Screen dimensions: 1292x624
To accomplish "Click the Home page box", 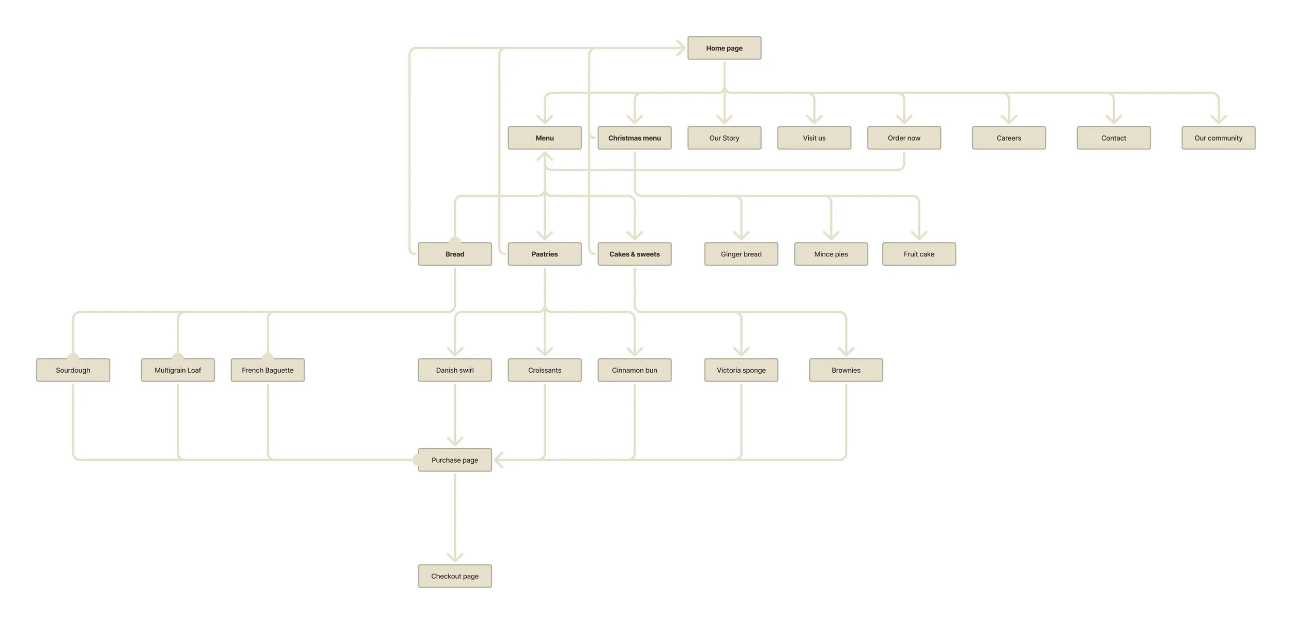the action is [x=724, y=48].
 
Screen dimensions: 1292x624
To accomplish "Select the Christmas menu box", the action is [x=634, y=138].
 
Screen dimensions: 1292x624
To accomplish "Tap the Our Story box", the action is [x=724, y=138].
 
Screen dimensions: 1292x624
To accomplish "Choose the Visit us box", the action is [x=814, y=138].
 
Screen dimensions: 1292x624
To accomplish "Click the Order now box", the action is [x=904, y=138].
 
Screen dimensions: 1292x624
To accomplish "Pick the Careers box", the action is [x=1008, y=138].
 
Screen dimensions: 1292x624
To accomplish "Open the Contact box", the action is [x=1113, y=138].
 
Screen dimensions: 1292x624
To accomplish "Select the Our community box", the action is [x=1218, y=138].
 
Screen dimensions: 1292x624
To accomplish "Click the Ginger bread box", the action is [x=741, y=254].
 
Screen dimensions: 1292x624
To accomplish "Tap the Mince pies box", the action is [x=830, y=254].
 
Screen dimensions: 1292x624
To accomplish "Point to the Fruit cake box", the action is [x=919, y=254].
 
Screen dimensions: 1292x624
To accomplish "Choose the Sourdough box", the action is [x=73, y=370].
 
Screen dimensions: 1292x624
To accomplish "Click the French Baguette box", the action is [x=268, y=370].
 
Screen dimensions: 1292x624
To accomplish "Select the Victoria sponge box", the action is [x=741, y=370].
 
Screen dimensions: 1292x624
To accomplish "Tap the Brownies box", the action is [x=846, y=370].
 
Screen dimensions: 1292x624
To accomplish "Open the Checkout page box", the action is [x=455, y=576].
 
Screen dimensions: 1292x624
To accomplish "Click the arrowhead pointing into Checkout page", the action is [x=455, y=557].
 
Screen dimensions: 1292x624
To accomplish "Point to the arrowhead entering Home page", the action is [x=681, y=48].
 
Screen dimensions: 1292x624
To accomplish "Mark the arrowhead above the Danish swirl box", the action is [x=455, y=351].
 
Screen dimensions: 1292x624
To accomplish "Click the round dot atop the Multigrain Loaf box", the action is [x=178, y=357].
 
